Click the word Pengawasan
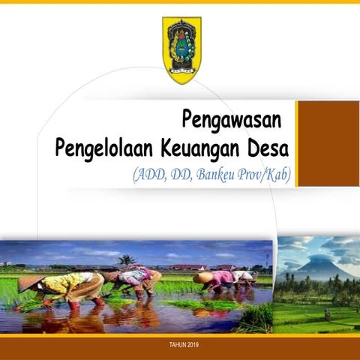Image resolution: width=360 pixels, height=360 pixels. click(231, 120)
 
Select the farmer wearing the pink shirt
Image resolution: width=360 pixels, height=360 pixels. click(221, 282)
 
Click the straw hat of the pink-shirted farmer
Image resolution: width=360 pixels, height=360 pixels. click(202, 277)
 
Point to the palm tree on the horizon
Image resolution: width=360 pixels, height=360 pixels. click(126, 260)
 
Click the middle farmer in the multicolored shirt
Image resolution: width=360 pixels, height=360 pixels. click(135, 280)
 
